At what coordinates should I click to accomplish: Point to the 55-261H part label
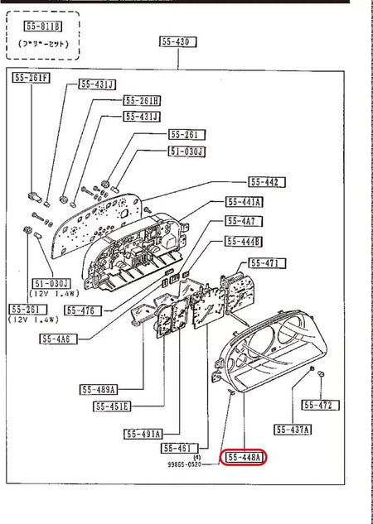[x=143, y=100]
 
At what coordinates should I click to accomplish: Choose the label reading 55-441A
[x=245, y=202]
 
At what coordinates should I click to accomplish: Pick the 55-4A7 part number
[x=241, y=222]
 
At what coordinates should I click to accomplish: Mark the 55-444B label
[x=244, y=242]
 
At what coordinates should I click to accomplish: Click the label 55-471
[x=268, y=263]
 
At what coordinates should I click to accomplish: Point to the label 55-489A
[x=99, y=389]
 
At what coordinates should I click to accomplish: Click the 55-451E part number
[x=112, y=406]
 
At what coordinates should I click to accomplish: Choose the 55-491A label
[x=143, y=433]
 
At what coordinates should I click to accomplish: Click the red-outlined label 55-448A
[x=242, y=457]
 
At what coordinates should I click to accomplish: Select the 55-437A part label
[x=293, y=429]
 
